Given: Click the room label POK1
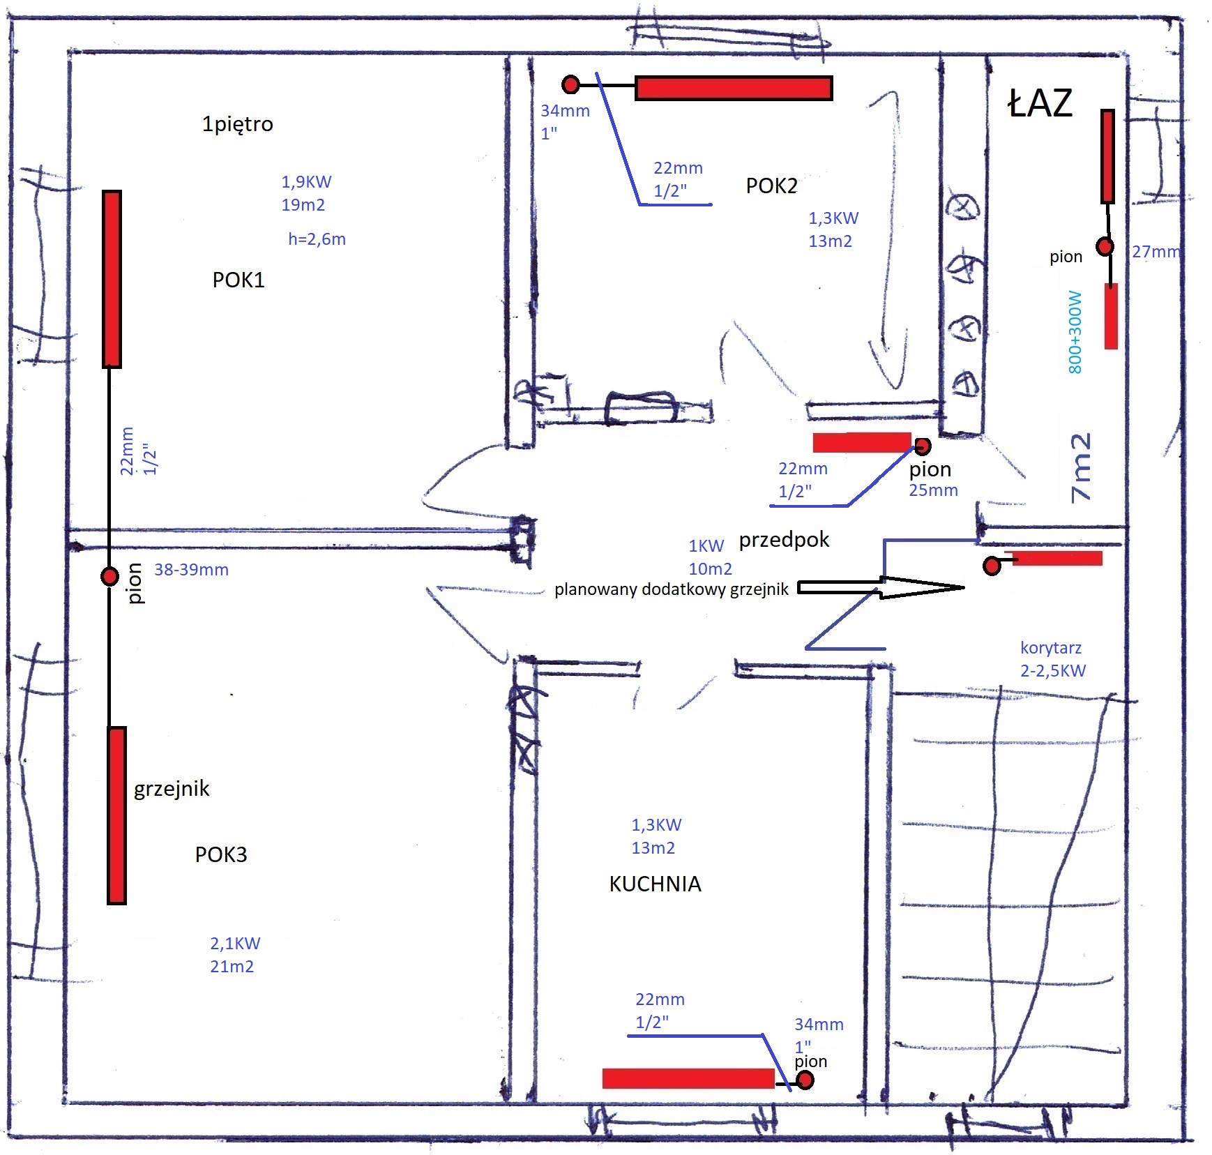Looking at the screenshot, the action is click(x=238, y=280).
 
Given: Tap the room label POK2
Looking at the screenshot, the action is click(x=771, y=186).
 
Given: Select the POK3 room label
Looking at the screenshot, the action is click(x=221, y=854).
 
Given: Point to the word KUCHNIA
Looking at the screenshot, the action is click(x=655, y=884).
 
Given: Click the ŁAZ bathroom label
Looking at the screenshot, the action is click(x=1040, y=103).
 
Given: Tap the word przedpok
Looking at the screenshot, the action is click(x=785, y=540).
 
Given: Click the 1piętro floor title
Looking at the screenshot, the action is click(x=237, y=124).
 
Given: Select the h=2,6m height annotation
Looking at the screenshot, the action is click(x=317, y=239).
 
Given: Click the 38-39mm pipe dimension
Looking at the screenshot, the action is click(x=191, y=570).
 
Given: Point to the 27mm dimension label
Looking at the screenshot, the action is click(x=1156, y=252).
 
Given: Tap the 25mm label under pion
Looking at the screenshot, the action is click(x=933, y=490).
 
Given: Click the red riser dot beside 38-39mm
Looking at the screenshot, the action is click(x=109, y=577).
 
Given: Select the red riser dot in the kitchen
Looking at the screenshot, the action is click(x=805, y=1080).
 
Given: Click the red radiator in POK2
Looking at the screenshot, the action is click(x=734, y=88).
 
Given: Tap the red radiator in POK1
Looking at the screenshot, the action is click(x=112, y=279).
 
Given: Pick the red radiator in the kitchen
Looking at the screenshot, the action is click(x=688, y=1078).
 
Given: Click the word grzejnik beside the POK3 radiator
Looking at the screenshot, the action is click(x=172, y=789).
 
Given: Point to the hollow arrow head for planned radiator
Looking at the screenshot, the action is click(x=922, y=587).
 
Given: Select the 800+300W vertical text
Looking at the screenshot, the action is click(x=1075, y=332).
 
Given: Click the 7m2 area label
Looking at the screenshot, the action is click(x=1080, y=467).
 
